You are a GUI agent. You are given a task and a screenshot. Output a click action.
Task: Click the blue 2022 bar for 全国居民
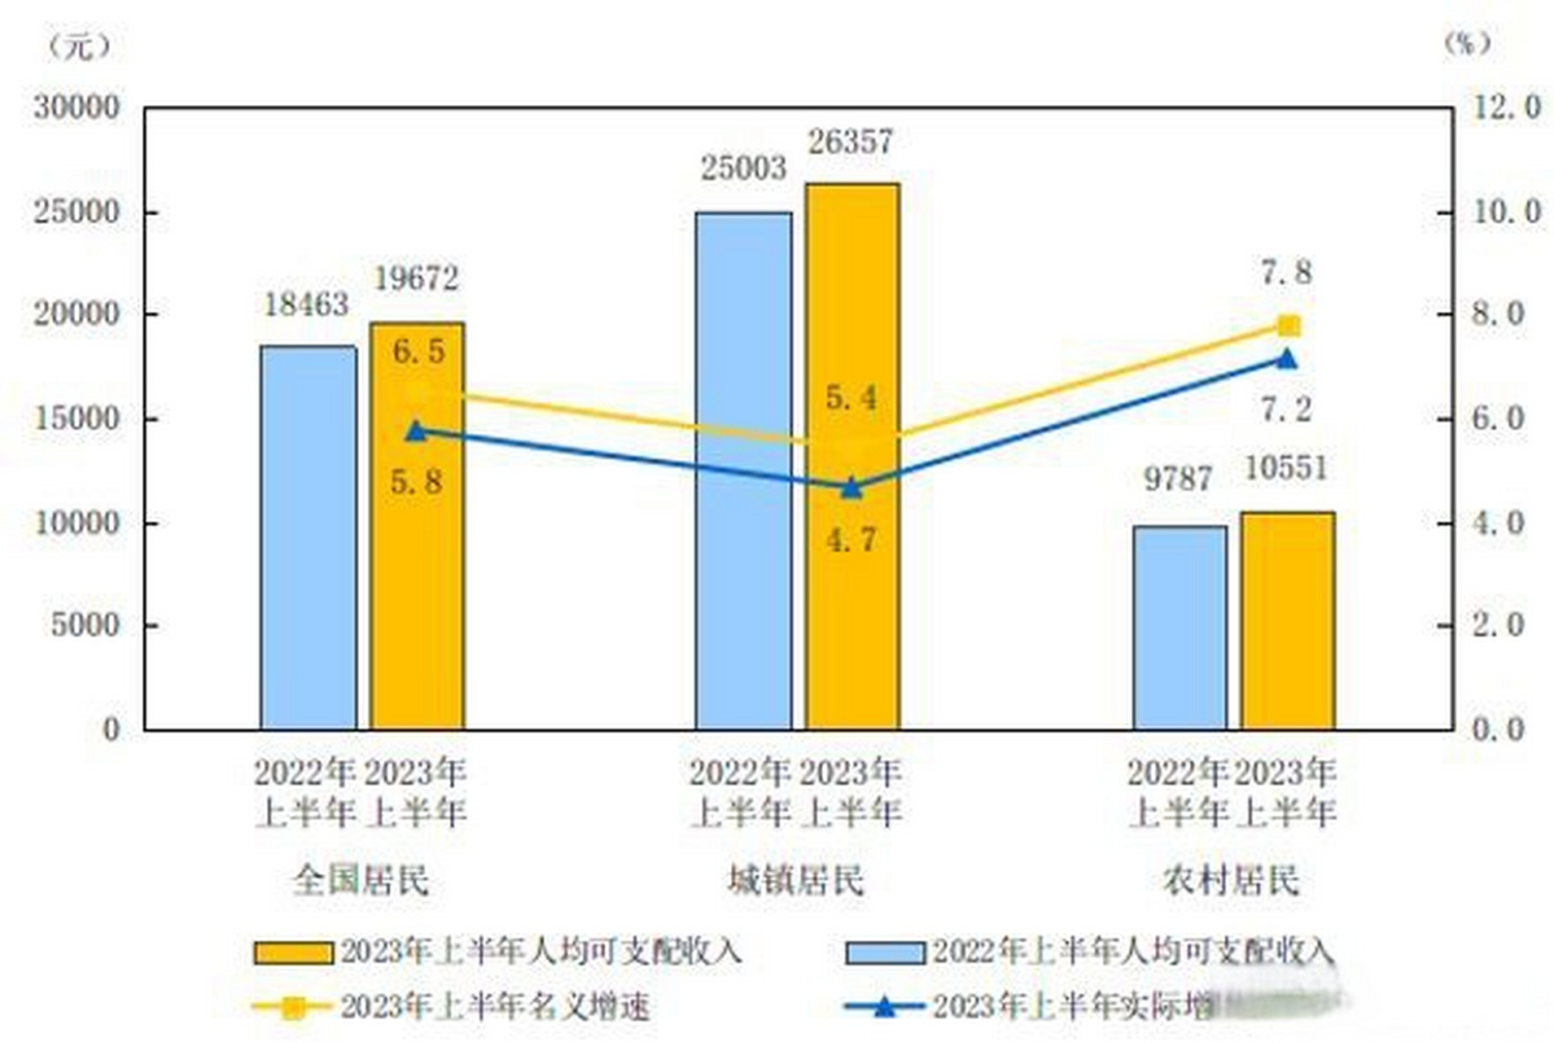tap(308, 537)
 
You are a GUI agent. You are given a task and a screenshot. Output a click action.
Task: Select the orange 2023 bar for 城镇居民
tap(852, 619)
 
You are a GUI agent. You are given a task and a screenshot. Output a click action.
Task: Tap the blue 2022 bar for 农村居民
tap(1180, 627)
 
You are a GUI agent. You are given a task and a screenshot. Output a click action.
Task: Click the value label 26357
tap(851, 142)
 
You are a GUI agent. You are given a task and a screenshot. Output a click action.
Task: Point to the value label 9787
tap(1178, 479)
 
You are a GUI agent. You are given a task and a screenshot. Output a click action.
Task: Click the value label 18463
tap(306, 305)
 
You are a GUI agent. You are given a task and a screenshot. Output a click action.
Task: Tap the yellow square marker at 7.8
tap(1288, 326)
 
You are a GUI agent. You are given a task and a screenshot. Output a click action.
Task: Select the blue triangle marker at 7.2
tap(1286, 359)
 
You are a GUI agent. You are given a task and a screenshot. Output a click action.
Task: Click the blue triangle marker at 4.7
tap(851, 488)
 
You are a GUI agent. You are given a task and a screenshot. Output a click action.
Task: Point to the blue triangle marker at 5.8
tap(416, 431)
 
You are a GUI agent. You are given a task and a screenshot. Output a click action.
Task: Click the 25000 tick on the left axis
tap(77, 212)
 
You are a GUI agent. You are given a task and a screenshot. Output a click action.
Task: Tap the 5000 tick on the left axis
tap(85, 625)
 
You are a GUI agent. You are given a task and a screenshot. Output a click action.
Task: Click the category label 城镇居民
tap(795, 880)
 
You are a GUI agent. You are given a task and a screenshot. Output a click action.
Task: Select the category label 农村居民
tap(1231, 880)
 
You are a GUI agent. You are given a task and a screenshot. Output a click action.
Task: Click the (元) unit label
tap(79, 46)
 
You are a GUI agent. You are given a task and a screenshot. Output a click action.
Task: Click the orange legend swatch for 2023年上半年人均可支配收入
tap(293, 952)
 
